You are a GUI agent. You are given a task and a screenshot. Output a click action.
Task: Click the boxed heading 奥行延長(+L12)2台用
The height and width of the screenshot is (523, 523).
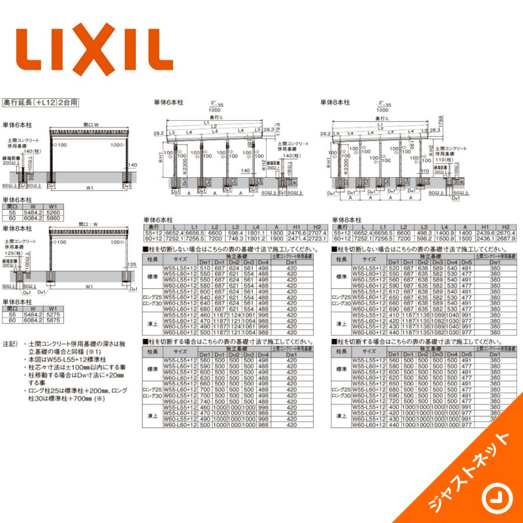(x=40, y=102)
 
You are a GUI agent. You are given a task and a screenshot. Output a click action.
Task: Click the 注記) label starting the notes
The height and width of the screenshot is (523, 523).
(x=11, y=343)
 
